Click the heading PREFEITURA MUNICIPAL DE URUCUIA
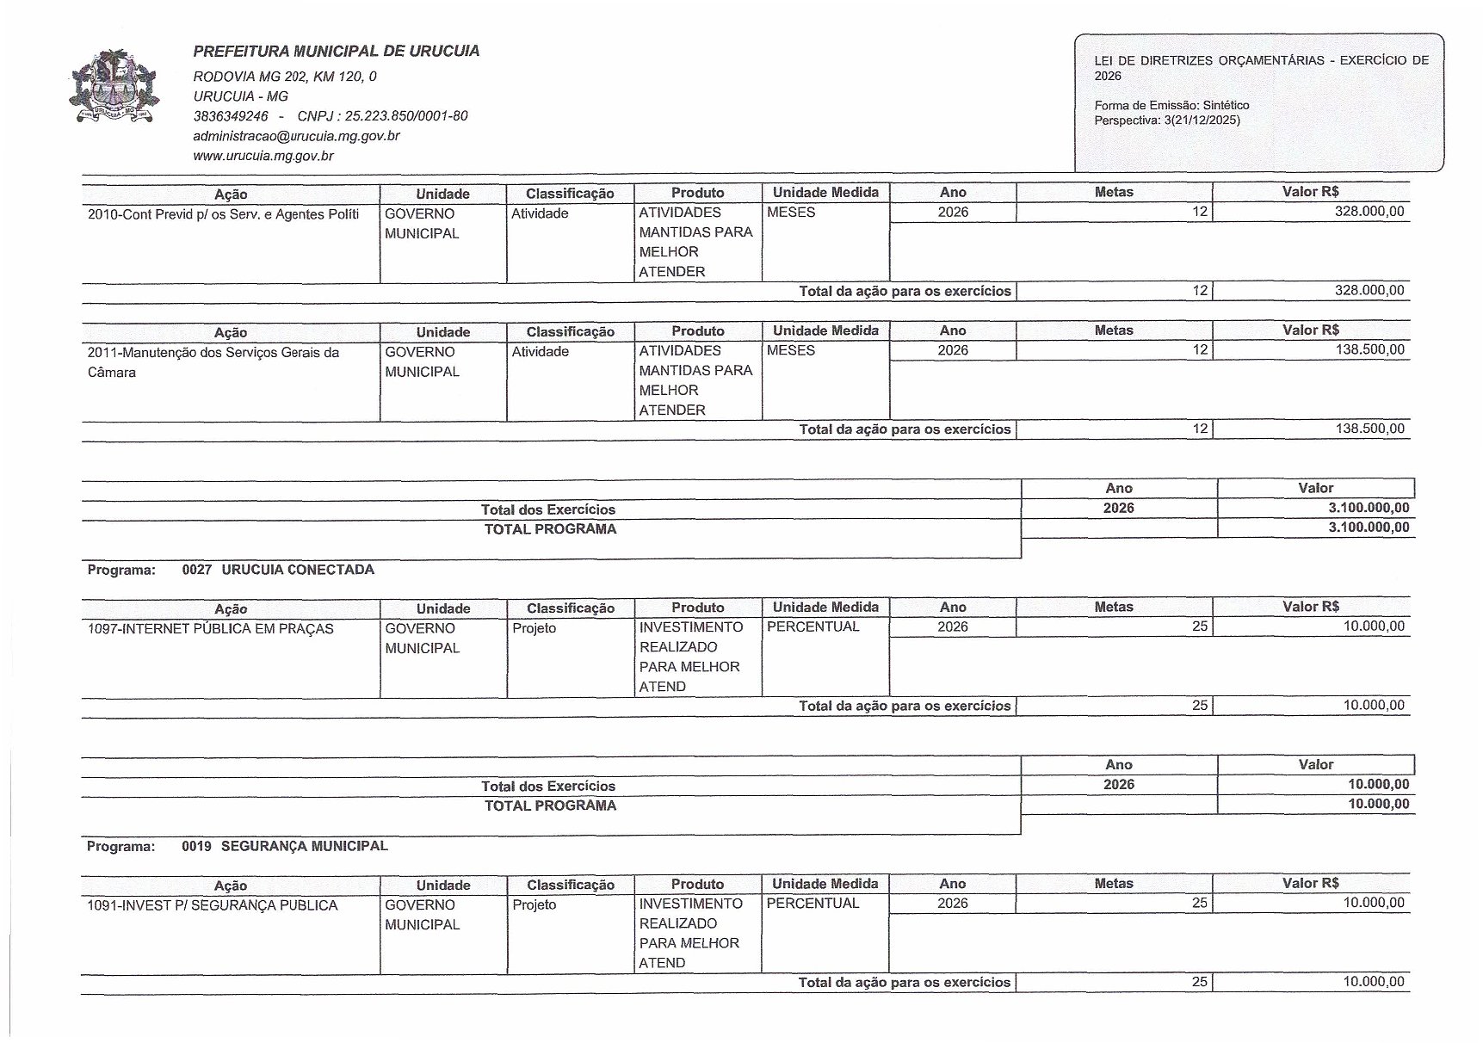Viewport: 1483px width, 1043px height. point(337,51)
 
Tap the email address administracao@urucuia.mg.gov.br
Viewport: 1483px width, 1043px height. point(296,136)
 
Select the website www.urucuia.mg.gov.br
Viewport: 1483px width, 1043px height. point(263,156)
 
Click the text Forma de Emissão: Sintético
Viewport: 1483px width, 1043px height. point(1171,105)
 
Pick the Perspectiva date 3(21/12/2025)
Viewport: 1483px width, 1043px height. point(1202,120)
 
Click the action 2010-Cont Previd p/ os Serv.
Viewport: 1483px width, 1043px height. point(223,214)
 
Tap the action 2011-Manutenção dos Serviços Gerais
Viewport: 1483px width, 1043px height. point(213,353)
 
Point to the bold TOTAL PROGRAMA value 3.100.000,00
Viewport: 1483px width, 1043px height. point(1368,528)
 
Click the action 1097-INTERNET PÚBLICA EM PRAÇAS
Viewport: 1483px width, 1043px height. point(210,629)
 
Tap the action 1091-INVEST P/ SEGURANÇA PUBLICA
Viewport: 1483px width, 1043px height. point(213,905)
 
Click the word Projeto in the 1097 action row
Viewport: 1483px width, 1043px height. point(534,628)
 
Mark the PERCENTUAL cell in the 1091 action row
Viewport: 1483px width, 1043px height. point(813,904)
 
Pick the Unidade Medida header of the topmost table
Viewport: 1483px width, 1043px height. point(825,193)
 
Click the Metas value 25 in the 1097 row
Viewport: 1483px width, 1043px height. point(1199,626)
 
